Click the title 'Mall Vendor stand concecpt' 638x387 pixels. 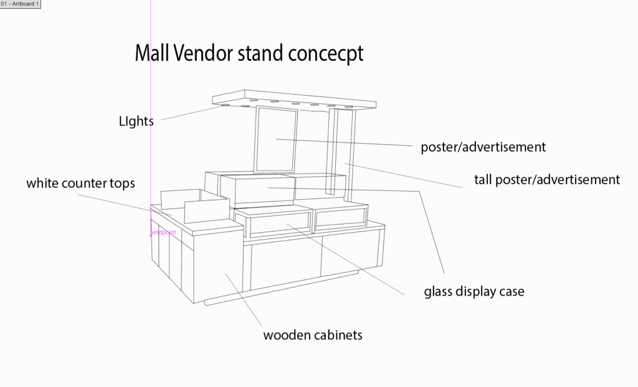pyautogui.click(x=249, y=54)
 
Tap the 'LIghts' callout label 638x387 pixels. pyautogui.click(x=136, y=121)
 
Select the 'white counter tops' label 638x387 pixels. pyautogui.click(x=80, y=184)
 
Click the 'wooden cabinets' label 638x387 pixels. pyautogui.click(x=313, y=335)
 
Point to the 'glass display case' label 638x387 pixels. pyautogui.click(x=474, y=291)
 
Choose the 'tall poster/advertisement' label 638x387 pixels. pyautogui.click(x=546, y=180)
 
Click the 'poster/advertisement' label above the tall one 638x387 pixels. pyautogui.click(x=483, y=147)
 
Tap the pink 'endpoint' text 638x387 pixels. pyautogui.click(x=164, y=233)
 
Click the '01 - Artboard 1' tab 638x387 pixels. pyautogui.click(x=21, y=4)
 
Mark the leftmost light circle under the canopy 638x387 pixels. pyautogui.click(x=222, y=106)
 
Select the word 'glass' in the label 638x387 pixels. pyautogui.click(x=438, y=291)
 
